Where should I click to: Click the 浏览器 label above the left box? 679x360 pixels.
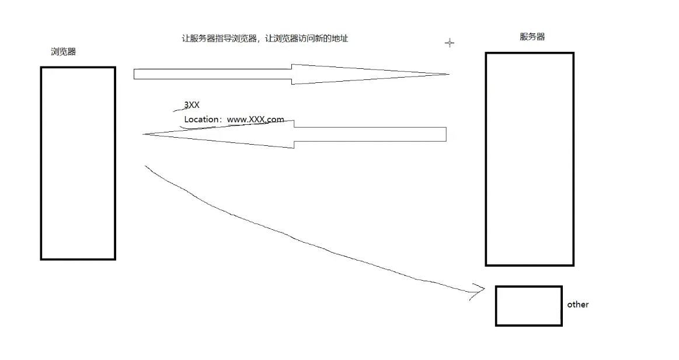coord(63,51)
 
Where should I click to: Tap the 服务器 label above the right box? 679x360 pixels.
coord(532,37)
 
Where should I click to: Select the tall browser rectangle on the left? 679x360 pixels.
coord(78,163)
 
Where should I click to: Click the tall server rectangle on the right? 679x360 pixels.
coord(529,159)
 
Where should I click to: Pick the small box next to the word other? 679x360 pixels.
coord(528,306)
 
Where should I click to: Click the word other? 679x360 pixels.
coord(577,305)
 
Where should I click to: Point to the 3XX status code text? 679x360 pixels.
coord(192,105)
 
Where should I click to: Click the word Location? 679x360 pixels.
coord(200,120)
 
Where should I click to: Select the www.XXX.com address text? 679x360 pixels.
coord(255,120)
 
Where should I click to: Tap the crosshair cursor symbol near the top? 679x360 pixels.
coord(449,43)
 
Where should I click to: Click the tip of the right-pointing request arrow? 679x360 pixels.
coord(447,74)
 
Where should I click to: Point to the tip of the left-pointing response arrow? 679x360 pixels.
coord(145,135)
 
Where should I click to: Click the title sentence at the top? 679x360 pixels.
coord(265,39)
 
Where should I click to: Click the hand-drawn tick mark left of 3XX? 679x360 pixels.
coord(179,109)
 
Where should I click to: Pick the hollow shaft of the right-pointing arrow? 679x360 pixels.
coord(213,74)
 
